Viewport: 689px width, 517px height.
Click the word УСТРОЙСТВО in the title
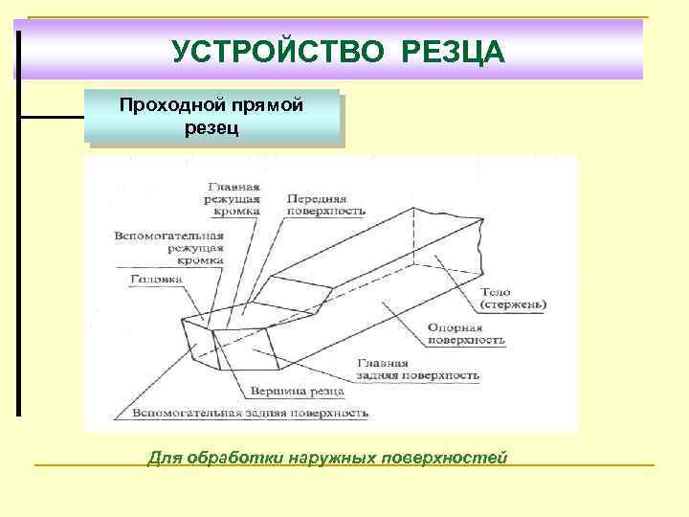pos(281,51)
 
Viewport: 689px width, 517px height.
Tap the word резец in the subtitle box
pos(211,126)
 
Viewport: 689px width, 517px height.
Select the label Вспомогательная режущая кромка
pos(169,247)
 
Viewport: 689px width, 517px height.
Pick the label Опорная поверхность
pos(466,333)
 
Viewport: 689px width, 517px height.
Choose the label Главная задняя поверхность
pos(418,370)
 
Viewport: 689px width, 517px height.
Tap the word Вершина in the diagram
pos(274,392)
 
